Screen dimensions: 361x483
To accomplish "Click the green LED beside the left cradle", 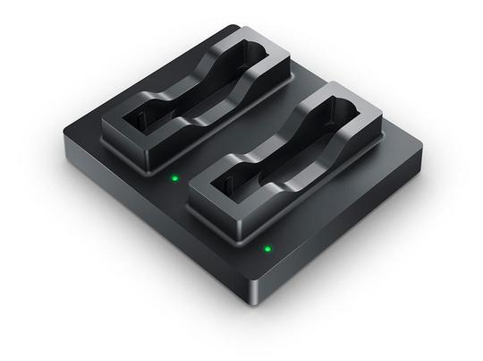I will [176, 177].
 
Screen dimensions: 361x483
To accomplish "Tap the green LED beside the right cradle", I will [267, 248].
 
